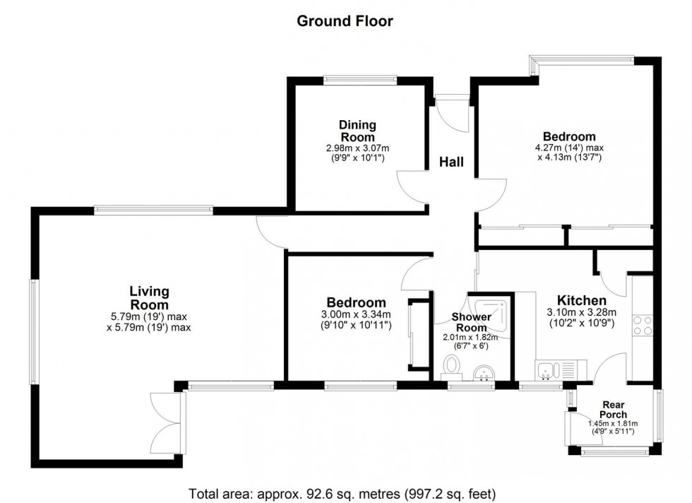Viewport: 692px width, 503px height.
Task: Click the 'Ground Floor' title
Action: tap(345, 21)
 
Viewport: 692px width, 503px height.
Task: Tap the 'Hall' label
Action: tap(452, 162)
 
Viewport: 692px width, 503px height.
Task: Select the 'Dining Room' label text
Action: tap(358, 131)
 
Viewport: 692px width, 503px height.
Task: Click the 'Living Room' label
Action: tap(149, 297)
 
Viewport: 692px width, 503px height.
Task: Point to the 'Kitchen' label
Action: tap(581, 300)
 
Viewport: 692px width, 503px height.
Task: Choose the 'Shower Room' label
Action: tap(472, 323)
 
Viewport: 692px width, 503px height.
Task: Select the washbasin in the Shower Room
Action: tap(484, 371)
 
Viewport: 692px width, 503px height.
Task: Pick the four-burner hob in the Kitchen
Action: tap(643, 325)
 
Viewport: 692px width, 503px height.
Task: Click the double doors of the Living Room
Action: tap(168, 422)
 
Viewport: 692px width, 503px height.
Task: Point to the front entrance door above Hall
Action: tap(450, 110)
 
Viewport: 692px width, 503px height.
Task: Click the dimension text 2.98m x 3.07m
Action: tap(358, 148)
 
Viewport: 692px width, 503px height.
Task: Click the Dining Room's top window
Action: tap(359, 80)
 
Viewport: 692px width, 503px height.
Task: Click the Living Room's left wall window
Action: tap(32, 332)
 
